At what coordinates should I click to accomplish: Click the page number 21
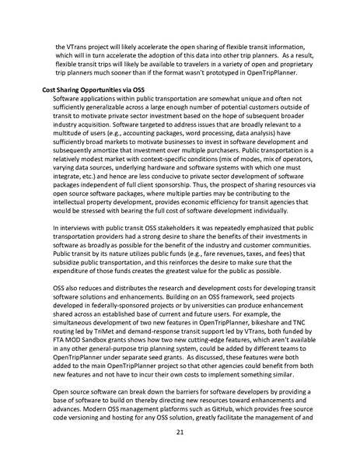tap(180, 433)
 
